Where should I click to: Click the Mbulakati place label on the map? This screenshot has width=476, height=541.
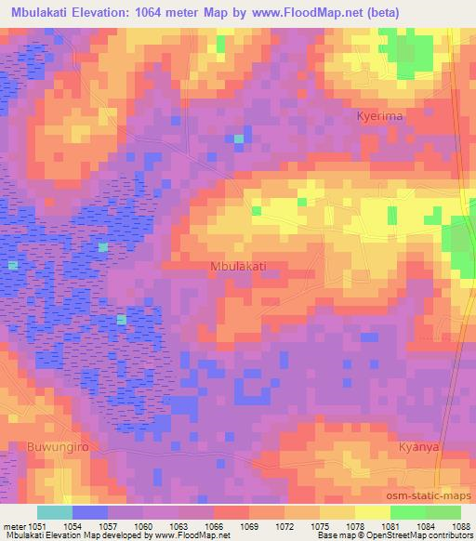[x=239, y=266]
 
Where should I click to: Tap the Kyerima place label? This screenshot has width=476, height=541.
[x=378, y=116]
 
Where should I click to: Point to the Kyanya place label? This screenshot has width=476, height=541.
[x=417, y=447]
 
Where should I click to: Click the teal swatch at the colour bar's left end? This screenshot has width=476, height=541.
[x=54, y=512]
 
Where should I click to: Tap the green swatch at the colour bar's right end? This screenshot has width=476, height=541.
[x=443, y=512]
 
